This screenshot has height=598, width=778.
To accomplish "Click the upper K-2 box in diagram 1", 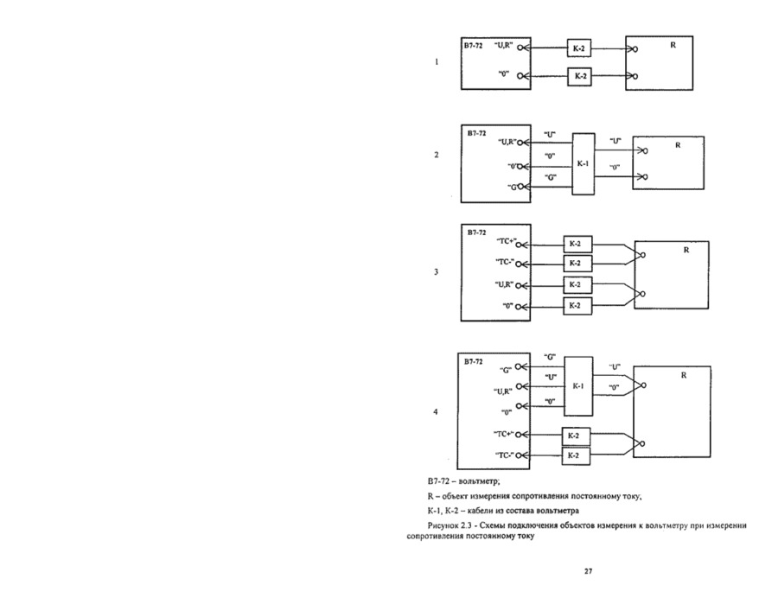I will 578,48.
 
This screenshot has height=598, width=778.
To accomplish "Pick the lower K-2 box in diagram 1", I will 578,77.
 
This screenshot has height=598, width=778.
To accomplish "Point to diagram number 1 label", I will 437,62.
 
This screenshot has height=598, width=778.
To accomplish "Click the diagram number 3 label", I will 437,272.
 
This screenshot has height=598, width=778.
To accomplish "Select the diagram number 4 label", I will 437,412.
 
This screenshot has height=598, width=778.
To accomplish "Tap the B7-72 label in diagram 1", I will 473,43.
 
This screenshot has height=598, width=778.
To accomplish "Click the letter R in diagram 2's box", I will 678,144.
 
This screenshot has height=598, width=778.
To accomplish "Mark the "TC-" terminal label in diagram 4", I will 505,455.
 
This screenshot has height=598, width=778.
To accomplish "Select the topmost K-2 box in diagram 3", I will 575,245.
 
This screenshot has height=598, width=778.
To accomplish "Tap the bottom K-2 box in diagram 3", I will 575,306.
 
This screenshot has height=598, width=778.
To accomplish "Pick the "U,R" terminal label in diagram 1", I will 504,43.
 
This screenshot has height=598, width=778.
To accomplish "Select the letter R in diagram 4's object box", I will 684,376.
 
